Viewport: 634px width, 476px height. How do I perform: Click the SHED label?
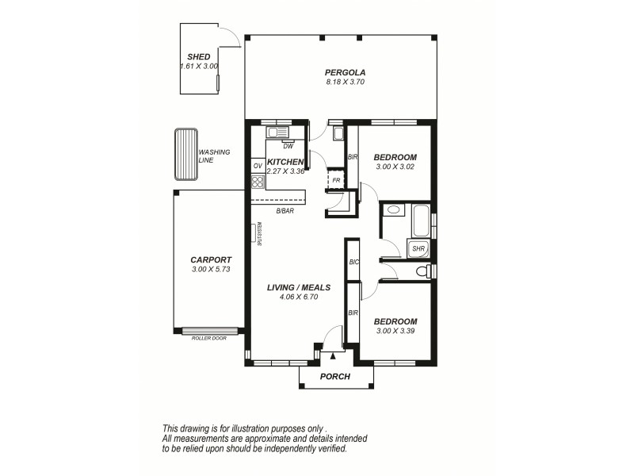coord(198,57)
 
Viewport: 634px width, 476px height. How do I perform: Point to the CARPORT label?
coord(211,259)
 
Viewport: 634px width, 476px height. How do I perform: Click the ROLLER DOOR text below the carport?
coord(209,338)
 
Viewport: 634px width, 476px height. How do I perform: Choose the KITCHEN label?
coord(285,161)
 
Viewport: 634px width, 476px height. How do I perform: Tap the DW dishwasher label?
coord(288,145)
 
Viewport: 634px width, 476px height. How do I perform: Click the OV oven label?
coord(258,166)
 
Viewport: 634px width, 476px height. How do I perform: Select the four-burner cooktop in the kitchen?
coord(258,182)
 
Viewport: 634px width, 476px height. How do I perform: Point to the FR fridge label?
coord(337,180)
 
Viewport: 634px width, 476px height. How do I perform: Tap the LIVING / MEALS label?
coord(299,287)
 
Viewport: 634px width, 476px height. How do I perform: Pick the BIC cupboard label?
coord(353,262)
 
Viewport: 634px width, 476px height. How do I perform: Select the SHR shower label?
coord(418,249)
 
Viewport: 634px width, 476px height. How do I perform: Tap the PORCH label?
coord(334,376)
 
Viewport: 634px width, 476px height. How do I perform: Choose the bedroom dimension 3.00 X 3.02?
coord(395,167)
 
